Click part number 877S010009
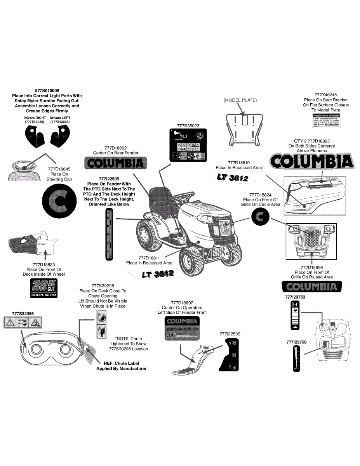click(x=47, y=90)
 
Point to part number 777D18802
click(x=116, y=148)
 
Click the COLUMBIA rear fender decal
click(x=116, y=163)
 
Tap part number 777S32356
click(x=23, y=313)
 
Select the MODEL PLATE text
click(x=240, y=100)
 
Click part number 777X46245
click(x=326, y=94)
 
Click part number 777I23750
click(x=296, y=342)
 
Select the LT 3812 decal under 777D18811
click(x=157, y=274)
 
